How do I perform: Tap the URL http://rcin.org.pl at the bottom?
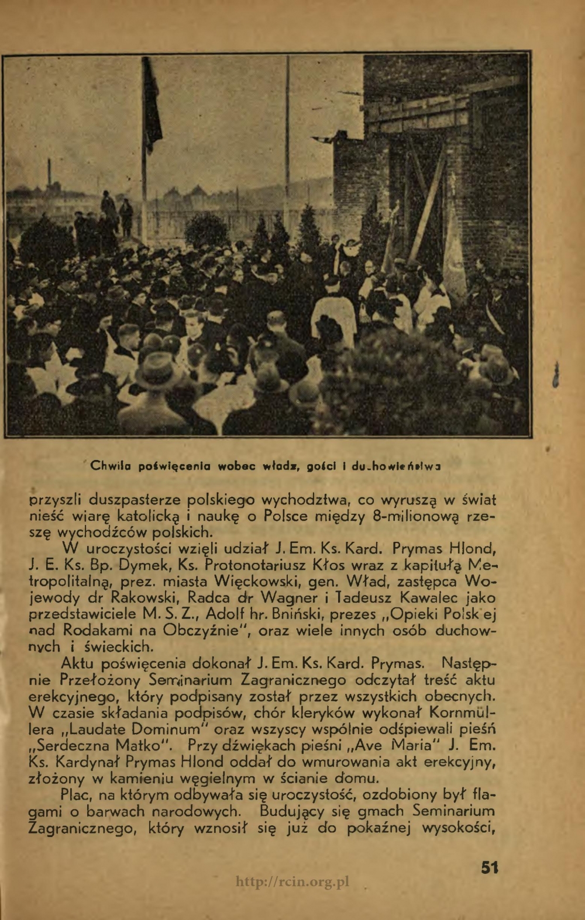[x=292, y=882]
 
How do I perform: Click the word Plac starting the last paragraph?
[x=79, y=795]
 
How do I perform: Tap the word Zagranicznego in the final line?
[x=85, y=828]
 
